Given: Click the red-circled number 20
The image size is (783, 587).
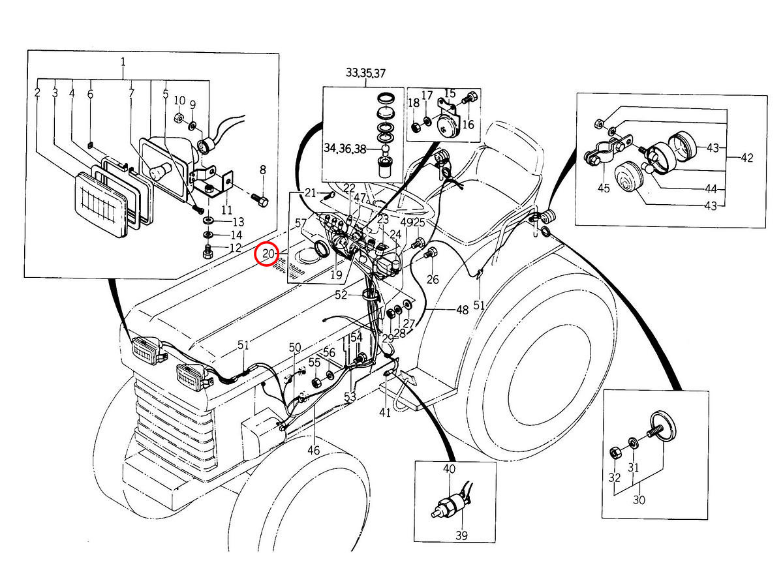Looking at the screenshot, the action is (268, 254).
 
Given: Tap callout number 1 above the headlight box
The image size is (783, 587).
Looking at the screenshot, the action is (123, 62).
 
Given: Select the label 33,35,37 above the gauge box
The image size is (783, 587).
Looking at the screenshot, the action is (365, 73).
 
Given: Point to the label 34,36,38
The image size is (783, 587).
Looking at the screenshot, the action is (345, 148).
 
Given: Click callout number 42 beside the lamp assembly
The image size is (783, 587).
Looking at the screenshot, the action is (747, 157).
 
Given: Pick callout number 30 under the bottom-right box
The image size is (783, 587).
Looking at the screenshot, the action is (639, 500).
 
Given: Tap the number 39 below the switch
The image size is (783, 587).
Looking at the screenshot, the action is (461, 535).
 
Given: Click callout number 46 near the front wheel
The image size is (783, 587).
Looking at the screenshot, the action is (314, 450).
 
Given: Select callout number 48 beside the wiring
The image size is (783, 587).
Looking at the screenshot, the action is (463, 310).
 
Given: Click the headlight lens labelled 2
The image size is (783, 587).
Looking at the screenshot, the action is (101, 205).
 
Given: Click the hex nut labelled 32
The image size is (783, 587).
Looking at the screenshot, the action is (616, 453).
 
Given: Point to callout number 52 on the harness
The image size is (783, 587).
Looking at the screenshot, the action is (341, 295).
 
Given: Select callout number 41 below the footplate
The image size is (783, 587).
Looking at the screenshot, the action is (384, 412).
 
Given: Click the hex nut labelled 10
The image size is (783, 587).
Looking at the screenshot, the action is (179, 117).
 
